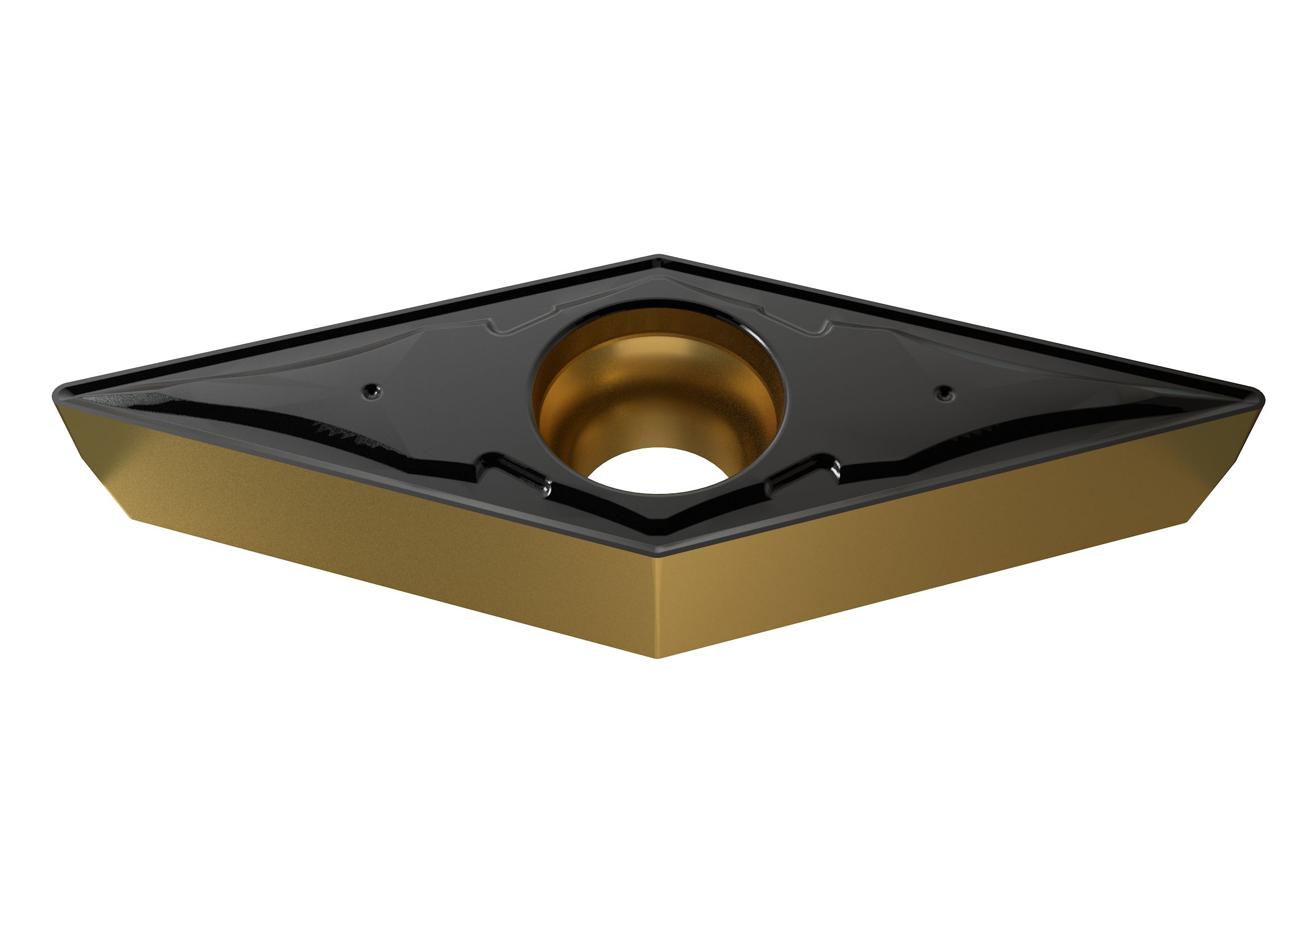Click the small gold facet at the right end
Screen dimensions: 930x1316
click(1227, 459)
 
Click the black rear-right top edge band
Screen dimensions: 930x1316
click(963, 324)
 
